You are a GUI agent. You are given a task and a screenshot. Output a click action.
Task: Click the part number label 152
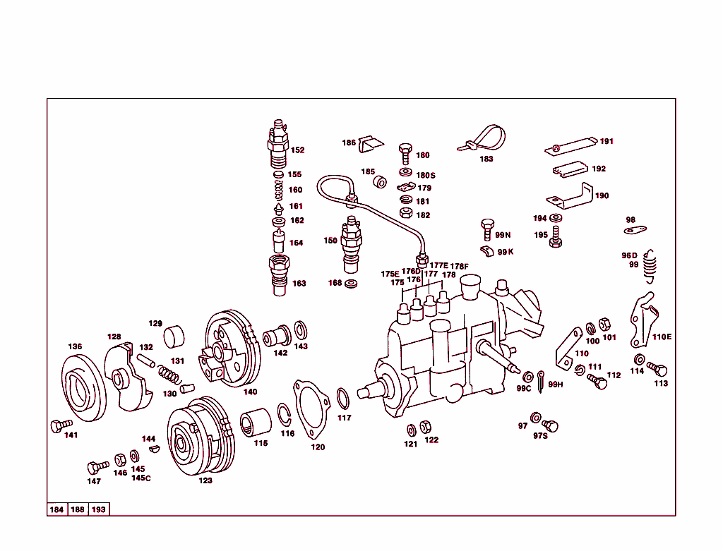[297, 150]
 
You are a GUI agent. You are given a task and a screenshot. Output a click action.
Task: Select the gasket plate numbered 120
[311, 409]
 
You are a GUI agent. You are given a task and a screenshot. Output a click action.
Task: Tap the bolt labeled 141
[59, 425]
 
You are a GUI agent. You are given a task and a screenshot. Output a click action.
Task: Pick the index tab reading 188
[78, 509]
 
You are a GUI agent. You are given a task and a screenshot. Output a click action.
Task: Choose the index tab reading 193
[99, 509]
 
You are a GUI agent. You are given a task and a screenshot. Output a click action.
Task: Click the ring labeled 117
[342, 399]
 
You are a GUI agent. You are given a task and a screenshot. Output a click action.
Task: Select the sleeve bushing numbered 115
[256, 423]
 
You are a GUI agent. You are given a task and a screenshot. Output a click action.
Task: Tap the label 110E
[662, 337]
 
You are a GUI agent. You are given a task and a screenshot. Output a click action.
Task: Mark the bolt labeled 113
[659, 370]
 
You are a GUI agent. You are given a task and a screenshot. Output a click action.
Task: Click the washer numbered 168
[352, 284]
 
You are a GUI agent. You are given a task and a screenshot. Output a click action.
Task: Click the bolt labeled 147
[95, 467]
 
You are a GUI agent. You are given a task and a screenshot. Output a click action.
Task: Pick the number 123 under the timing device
[205, 481]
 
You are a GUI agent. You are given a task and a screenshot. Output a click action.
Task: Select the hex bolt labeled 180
[405, 151]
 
